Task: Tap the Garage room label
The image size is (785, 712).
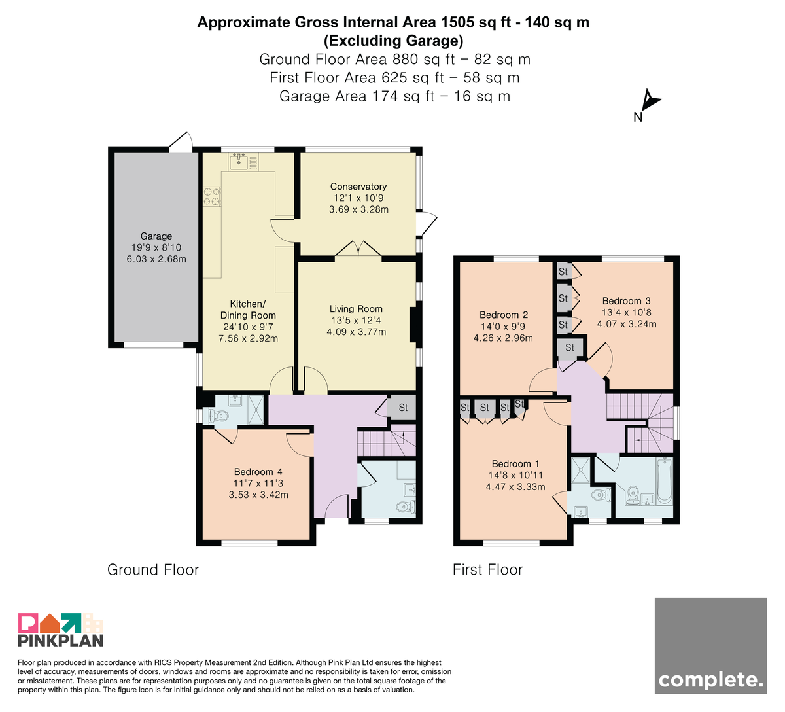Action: [156, 236]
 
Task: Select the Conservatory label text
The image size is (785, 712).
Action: [358, 187]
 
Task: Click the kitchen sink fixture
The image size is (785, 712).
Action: [239, 161]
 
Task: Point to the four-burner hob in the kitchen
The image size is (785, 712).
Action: [212, 196]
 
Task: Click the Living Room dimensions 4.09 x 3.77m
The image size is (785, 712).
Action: [356, 332]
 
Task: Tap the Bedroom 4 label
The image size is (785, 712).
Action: [258, 472]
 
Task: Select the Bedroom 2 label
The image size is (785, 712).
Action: [503, 315]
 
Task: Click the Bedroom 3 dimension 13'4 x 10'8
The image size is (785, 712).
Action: [627, 313]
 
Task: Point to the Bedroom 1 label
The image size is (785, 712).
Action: [515, 464]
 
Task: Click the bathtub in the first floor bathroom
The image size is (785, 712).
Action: [664, 482]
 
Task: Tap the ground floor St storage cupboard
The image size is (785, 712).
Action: [402, 408]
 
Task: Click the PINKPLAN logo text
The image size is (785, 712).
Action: [61, 640]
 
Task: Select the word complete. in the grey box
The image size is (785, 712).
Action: [710, 681]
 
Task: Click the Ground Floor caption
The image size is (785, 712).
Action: [153, 570]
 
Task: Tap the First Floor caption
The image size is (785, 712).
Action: [487, 570]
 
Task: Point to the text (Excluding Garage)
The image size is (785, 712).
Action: [393, 41]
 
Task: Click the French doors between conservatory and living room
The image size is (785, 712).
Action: [358, 249]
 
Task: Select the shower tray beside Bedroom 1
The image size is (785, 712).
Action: [581, 471]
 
